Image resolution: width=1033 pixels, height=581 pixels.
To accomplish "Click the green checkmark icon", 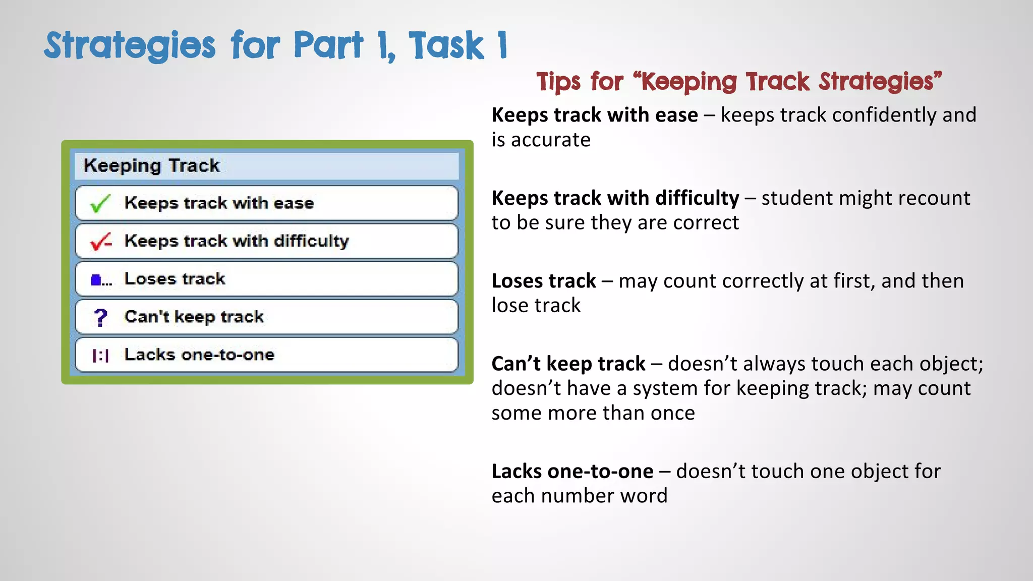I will point(100,203).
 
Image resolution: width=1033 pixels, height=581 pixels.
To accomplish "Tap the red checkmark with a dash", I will point(100,242).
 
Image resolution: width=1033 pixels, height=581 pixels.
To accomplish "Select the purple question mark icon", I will point(100,317).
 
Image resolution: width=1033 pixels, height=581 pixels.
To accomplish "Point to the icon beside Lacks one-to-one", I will point(100,356).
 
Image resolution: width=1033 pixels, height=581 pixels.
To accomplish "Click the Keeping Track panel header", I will point(266,166).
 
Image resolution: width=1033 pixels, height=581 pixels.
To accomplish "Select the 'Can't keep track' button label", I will point(194,317).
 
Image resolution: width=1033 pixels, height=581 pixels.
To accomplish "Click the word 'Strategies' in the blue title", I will point(130,45).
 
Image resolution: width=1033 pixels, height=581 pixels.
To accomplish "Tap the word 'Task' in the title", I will point(446,45).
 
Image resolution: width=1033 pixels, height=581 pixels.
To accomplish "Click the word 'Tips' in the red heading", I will point(558,82).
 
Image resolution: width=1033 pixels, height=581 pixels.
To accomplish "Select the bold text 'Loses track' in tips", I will point(544,281).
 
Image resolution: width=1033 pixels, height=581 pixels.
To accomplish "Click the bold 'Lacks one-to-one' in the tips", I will point(572,472).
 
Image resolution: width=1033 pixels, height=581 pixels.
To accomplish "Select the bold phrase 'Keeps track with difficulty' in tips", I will point(615,198).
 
